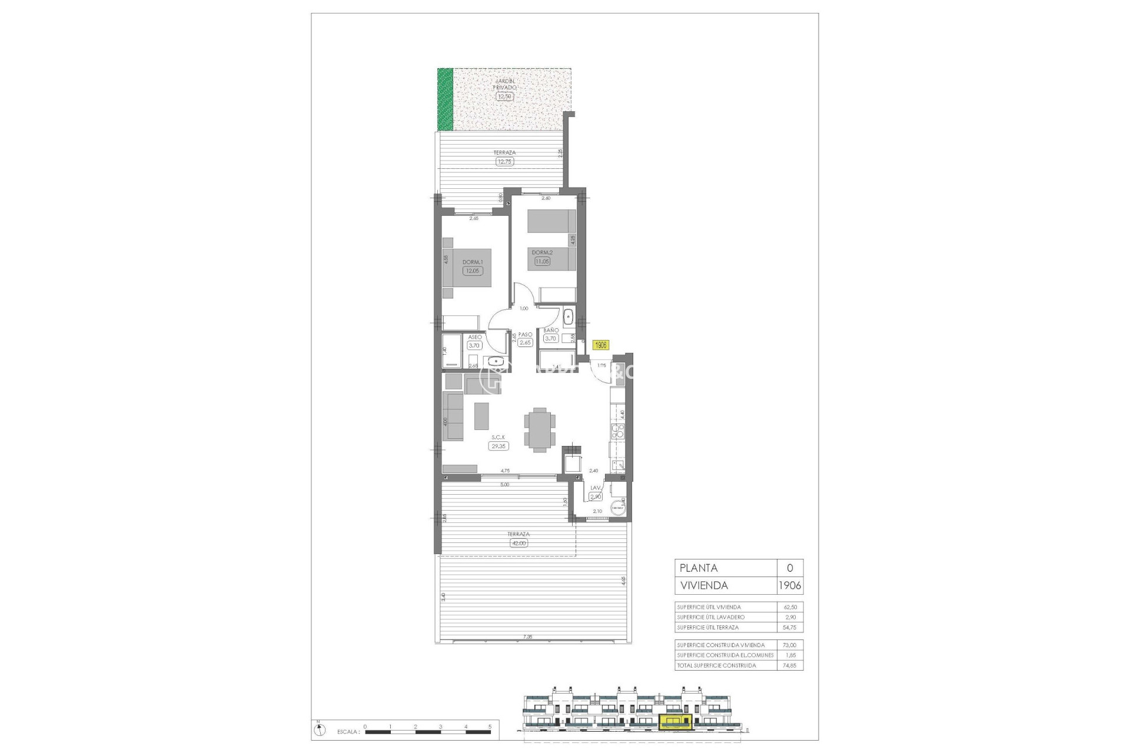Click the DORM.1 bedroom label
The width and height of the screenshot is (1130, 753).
(472, 262)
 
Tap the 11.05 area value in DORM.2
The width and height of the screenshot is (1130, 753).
(541, 261)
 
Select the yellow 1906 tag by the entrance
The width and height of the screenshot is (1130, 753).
(600, 345)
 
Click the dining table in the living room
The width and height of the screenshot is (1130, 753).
(127, 430)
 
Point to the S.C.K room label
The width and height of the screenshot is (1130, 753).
(498, 437)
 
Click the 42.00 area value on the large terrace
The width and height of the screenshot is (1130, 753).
(519, 543)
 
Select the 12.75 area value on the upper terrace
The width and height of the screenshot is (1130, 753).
(504, 161)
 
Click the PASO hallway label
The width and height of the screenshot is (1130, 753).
(525, 334)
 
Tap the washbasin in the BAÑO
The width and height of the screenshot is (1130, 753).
(568, 318)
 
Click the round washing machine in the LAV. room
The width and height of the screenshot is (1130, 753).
(617, 507)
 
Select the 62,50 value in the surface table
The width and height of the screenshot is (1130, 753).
(790, 607)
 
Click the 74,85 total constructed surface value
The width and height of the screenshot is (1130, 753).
(790, 666)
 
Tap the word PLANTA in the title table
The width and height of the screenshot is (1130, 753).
(699, 568)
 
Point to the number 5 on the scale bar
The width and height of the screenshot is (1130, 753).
(490, 727)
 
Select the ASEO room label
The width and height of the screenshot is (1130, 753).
(475, 337)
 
